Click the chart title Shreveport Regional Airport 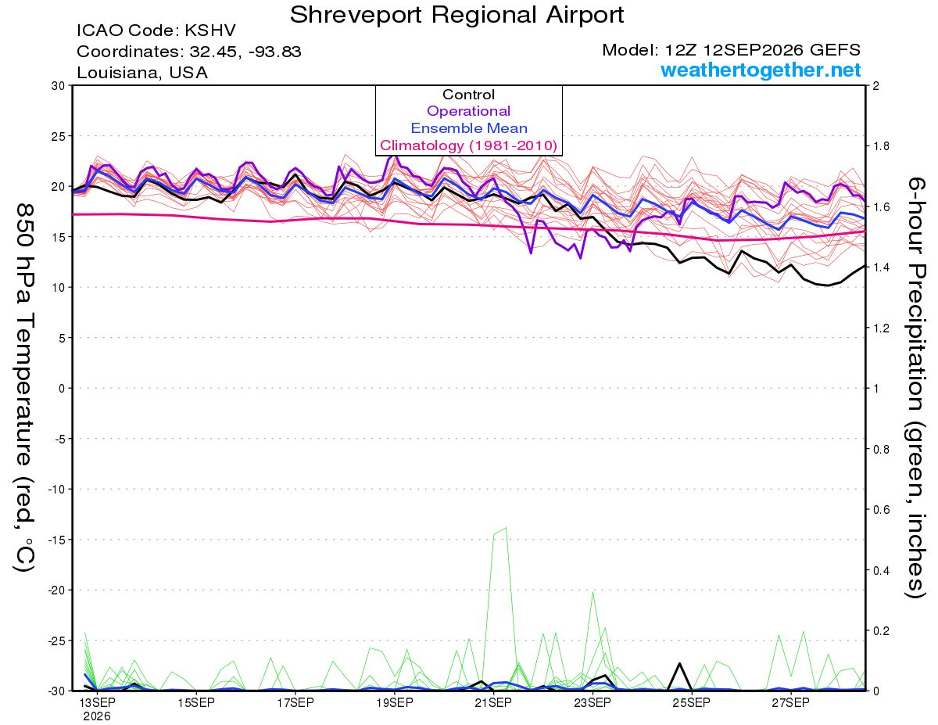456,15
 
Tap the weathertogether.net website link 761,70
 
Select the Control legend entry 468,94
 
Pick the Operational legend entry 468,111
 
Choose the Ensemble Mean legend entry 469,128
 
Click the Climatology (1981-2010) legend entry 468,145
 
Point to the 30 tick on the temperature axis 58,86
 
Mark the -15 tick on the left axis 56,540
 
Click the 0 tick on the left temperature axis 62,388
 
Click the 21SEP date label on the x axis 493,703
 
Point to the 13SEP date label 97,703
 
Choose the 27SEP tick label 790,703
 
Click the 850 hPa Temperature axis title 25,388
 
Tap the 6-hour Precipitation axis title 915,388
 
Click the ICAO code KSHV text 156,31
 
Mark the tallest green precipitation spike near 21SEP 506,528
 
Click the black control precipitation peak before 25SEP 679,663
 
